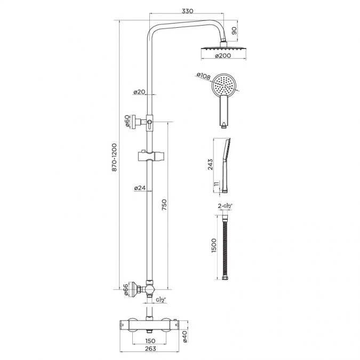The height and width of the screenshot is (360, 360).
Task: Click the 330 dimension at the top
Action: coord(187,10)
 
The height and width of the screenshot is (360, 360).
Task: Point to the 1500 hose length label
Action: coord(214,247)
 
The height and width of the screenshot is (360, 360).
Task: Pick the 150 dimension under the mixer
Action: coord(151,340)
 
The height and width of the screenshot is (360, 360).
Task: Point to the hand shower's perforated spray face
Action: coord(222,85)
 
